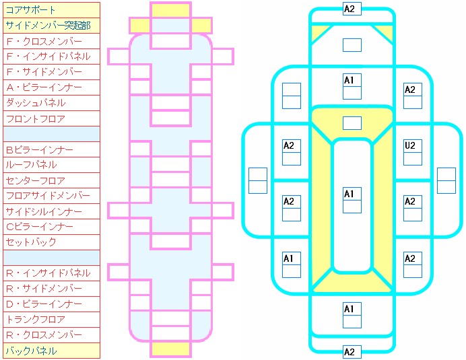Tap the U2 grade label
[x=409, y=145]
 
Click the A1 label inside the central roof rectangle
[x=349, y=194]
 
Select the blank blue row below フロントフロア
[x=51, y=134]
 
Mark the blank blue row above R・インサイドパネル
[x=51, y=258]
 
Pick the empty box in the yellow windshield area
[x=352, y=123]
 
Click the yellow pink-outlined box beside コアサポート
[x=170, y=10]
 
